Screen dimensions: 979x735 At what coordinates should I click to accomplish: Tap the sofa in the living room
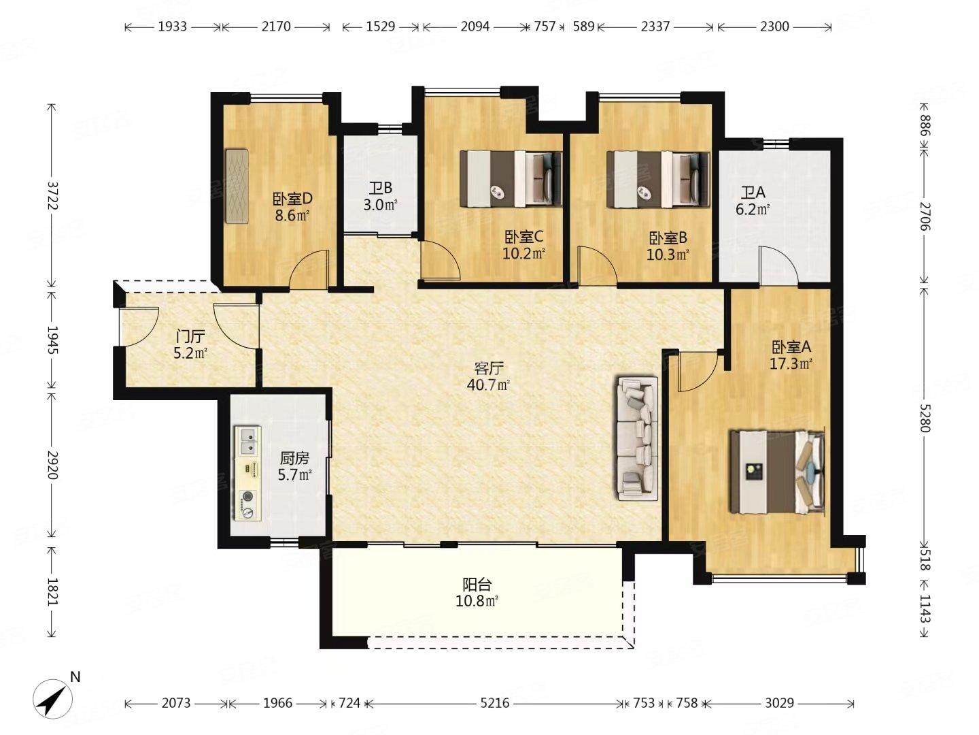[x=637, y=439]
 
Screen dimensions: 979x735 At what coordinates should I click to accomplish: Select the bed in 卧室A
[x=776, y=471]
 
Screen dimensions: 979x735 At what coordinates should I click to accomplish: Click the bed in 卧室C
[x=511, y=179]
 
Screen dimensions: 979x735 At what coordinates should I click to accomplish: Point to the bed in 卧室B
[x=658, y=179]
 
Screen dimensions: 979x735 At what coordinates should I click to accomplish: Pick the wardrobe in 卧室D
[x=237, y=186]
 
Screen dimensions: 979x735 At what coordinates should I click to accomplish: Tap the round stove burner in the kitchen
[x=247, y=496]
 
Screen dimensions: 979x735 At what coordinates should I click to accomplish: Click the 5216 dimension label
[x=495, y=704]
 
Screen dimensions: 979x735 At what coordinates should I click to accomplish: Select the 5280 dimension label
[x=923, y=418]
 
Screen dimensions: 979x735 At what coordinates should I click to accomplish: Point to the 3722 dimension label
[x=52, y=195]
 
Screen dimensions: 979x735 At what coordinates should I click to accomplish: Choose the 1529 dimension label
[x=381, y=27]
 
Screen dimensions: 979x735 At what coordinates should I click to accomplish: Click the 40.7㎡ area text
[x=488, y=385]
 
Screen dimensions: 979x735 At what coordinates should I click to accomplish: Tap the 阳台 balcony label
[x=477, y=584]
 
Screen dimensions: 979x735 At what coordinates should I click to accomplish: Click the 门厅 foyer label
[x=190, y=336]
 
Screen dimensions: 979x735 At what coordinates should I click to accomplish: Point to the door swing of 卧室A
[x=698, y=372]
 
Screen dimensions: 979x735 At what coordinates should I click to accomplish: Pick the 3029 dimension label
[x=779, y=704]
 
